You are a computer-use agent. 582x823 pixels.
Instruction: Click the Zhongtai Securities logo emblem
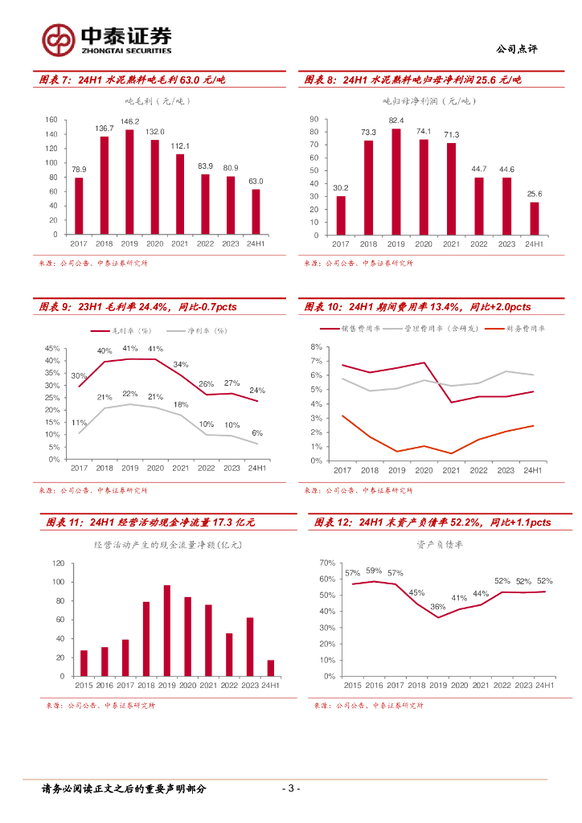[x=59, y=39]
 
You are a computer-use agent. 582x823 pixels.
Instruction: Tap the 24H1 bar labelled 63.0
[x=256, y=212]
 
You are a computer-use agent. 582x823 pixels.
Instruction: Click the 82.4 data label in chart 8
[x=396, y=121]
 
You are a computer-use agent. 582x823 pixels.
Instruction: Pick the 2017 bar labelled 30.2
[x=341, y=215]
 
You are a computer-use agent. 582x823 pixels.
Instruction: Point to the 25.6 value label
[x=534, y=194]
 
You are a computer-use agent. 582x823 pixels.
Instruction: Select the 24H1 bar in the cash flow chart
[x=271, y=668]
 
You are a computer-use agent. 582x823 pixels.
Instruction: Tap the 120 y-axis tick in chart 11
[x=59, y=562]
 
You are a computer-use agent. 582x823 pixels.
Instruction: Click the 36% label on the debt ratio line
[x=437, y=607]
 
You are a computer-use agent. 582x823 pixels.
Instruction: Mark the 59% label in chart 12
[x=374, y=571]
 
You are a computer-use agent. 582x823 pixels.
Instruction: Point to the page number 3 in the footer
[x=292, y=788]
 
